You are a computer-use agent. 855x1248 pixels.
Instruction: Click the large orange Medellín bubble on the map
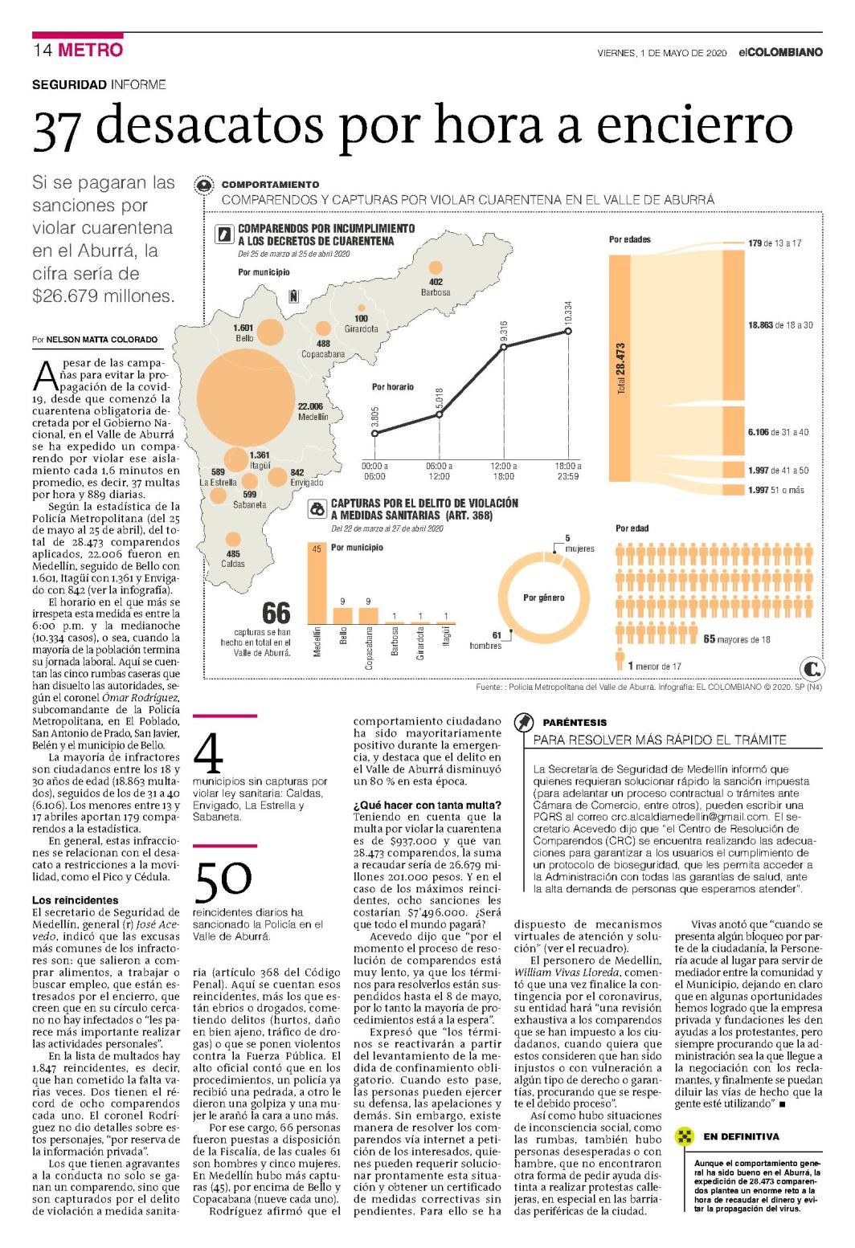point(246,398)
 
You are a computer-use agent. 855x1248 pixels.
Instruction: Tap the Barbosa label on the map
point(436,292)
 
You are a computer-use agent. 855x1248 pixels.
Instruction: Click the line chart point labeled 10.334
point(568,331)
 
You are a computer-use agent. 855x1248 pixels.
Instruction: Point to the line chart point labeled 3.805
point(374,433)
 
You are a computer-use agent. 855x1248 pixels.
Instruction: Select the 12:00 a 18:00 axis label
point(503,471)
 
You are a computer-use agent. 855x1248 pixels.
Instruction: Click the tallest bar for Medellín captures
point(317,583)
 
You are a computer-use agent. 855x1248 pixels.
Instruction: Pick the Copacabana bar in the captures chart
point(368,616)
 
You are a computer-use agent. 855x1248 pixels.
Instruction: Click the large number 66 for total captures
point(276,614)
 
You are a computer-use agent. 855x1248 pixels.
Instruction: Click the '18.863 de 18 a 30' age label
point(780,325)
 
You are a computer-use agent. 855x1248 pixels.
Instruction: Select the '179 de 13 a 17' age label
point(775,243)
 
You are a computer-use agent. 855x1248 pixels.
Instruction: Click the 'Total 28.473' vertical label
point(621,369)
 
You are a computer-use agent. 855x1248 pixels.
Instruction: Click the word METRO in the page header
point(90,50)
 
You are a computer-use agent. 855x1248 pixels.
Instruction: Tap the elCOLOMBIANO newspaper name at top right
point(780,52)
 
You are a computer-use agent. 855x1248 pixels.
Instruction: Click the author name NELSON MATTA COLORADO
point(101,339)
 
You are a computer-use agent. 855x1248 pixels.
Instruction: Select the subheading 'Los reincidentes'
point(76,899)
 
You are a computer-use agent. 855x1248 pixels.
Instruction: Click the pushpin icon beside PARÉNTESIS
point(523,723)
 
